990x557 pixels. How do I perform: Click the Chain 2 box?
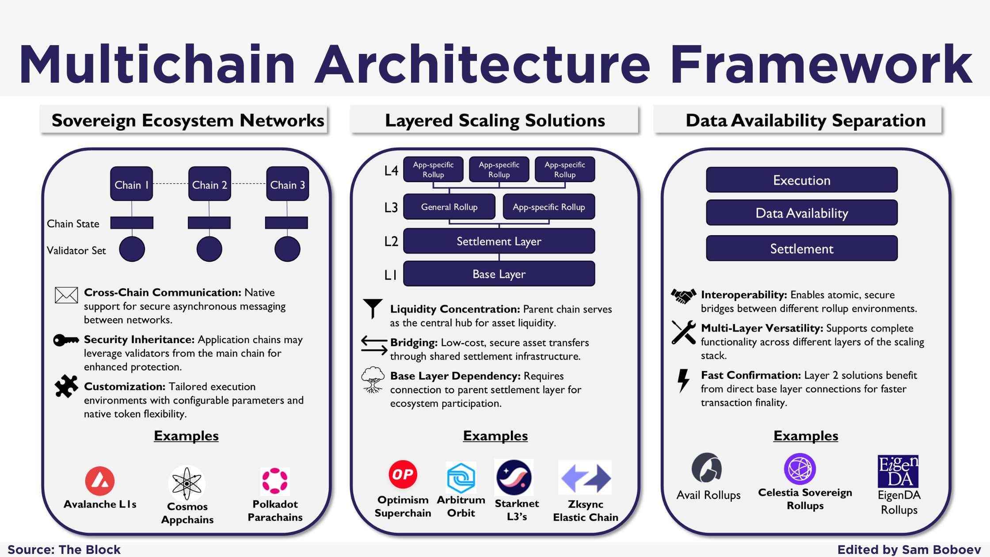click(209, 184)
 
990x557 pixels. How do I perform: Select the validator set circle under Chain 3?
click(287, 249)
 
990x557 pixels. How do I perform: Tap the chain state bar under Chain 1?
click(132, 223)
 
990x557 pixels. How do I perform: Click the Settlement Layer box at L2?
click(499, 241)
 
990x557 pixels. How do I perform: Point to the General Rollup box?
click(449, 207)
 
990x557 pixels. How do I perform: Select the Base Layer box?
click(499, 274)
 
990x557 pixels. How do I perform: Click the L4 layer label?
click(391, 171)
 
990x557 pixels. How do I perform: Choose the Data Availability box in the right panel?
click(802, 213)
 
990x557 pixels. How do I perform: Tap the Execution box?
click(802, 180)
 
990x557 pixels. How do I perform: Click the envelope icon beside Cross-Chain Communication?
click(66, 295)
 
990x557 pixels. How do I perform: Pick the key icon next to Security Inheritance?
click(66, 340)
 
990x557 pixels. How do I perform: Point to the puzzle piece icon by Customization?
click(66, 386)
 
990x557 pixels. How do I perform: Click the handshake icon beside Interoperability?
click(683, 296)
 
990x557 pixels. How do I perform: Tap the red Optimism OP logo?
click(403, 475)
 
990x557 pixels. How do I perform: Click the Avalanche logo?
click(100, 481)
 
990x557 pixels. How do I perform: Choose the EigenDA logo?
click(898, 471)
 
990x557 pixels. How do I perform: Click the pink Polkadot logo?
click(275, 481)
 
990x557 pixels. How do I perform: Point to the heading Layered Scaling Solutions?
click(495, 120)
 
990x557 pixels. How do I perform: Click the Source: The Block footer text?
click(64, 549)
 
